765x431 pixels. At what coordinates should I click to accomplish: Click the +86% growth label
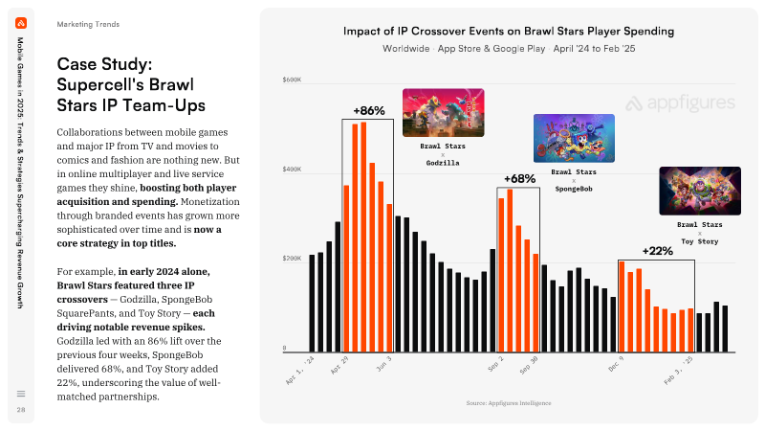click(x=369, y=111)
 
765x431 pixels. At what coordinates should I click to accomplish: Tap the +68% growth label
click(x=519, y=179)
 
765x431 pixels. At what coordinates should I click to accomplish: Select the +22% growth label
click(x=657, y=251)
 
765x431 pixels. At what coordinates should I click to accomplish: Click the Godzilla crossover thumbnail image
click(x=444, y=113)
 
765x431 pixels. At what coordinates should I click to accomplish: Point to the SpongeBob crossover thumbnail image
click(x=575, y=138)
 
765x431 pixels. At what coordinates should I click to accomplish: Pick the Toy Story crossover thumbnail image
click(x=700, y=191)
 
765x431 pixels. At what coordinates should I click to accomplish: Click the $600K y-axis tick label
click(x=292, y=79)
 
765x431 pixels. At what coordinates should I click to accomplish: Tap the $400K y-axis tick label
click(x=292, y=170)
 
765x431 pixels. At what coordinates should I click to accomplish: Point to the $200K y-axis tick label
click(x=292, y=259)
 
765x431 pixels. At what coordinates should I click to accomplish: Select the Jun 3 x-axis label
click(x=384, y=364)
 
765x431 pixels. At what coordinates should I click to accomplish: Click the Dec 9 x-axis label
click(x=616, y=364)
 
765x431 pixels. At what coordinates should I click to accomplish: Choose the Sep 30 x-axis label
click(x=529, y=365)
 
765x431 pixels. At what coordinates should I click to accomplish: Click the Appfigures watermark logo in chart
click(x=680, y=103)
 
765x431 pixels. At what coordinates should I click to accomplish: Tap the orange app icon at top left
click(x=21, y=23)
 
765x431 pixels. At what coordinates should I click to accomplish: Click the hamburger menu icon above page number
click(x=21, y=394)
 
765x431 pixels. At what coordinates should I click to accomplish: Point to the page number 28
click(x=21, y=410)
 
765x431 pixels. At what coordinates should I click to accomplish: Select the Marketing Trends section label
click(x=88, y=25)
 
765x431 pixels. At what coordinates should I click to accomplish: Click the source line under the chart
click(x=509, y=403)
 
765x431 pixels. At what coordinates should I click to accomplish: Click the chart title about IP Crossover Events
click(x=509, y=32)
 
